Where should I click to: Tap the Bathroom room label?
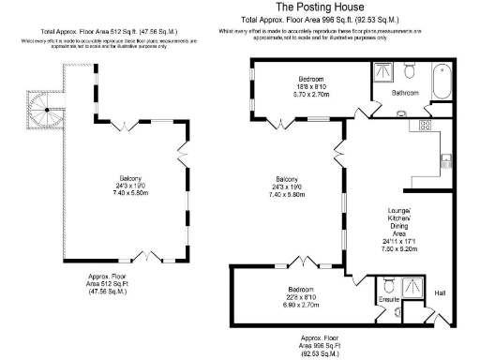(405, 94)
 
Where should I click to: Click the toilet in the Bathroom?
(410, 71)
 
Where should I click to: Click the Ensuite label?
(390, 300)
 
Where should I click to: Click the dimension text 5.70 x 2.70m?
(311, 95)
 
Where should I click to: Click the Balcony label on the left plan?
(129, 179)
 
